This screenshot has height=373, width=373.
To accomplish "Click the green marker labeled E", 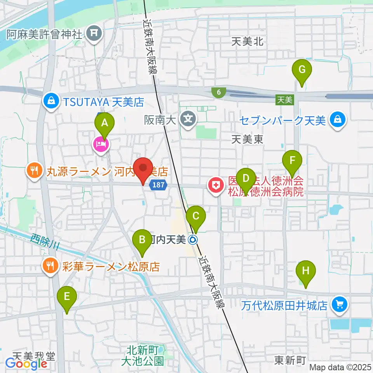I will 67,297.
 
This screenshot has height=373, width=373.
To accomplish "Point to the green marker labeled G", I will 302,70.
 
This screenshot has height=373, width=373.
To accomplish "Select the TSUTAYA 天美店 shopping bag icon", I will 51,102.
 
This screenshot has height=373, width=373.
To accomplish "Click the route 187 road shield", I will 160,186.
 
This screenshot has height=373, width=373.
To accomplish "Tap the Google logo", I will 26,363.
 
